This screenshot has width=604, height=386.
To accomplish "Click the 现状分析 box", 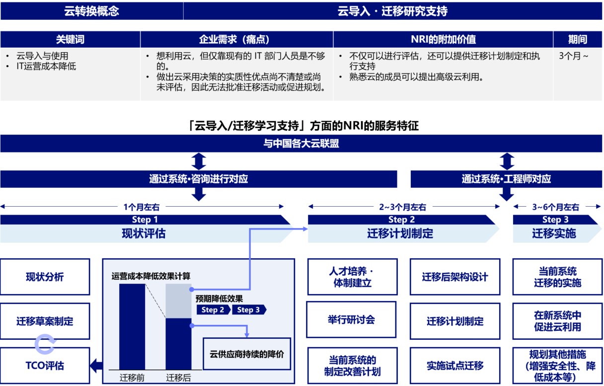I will coord(45,277).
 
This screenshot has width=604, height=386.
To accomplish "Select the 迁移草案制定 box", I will coord(45,321).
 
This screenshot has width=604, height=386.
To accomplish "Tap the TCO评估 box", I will coord(45,366).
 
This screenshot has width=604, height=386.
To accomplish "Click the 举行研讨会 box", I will coord(352,319).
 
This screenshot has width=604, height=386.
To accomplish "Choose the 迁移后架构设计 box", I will coord(455,277).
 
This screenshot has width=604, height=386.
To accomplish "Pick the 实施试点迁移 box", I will coord(455,366).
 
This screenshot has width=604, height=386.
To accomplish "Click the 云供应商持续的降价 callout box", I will coord(246,354).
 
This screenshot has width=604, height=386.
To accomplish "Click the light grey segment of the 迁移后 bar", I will coord(178,301).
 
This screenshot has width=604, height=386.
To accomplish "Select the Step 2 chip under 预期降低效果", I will coord(213,310).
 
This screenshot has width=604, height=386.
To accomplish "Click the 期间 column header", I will coord(578,40).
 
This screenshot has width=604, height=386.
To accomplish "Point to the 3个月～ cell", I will coord(573,56).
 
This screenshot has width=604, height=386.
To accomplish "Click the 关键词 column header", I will coord(70,40).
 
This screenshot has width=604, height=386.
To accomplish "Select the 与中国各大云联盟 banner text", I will coord(301,144).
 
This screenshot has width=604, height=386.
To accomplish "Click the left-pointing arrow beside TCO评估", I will coord(96,366).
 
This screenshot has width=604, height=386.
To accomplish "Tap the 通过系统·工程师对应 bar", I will coord(506,179).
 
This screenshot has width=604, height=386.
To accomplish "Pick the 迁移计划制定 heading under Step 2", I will coord(400,233).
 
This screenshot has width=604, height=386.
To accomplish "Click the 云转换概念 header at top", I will coord(91,11).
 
